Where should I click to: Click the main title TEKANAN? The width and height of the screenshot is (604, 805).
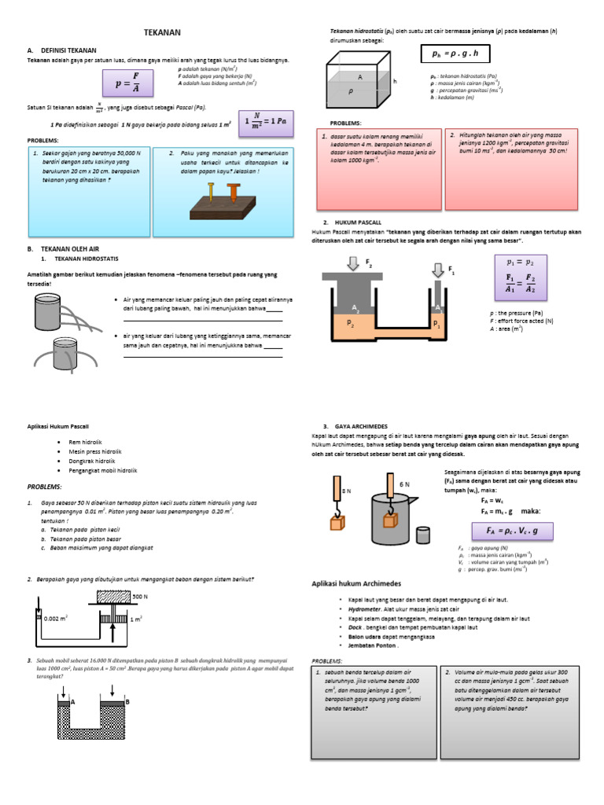point(163,32)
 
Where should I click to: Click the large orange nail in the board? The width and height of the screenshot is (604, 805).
point(234,190)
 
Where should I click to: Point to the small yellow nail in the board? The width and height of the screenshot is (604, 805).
point(212,191)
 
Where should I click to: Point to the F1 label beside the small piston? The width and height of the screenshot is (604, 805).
point(451,270)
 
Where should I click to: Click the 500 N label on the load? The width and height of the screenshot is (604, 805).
point(141,596)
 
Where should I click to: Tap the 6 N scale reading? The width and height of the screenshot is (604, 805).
point(405,484)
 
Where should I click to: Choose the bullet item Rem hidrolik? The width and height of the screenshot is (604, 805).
point(89,442)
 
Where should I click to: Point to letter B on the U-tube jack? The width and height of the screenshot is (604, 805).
point(127,700)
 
